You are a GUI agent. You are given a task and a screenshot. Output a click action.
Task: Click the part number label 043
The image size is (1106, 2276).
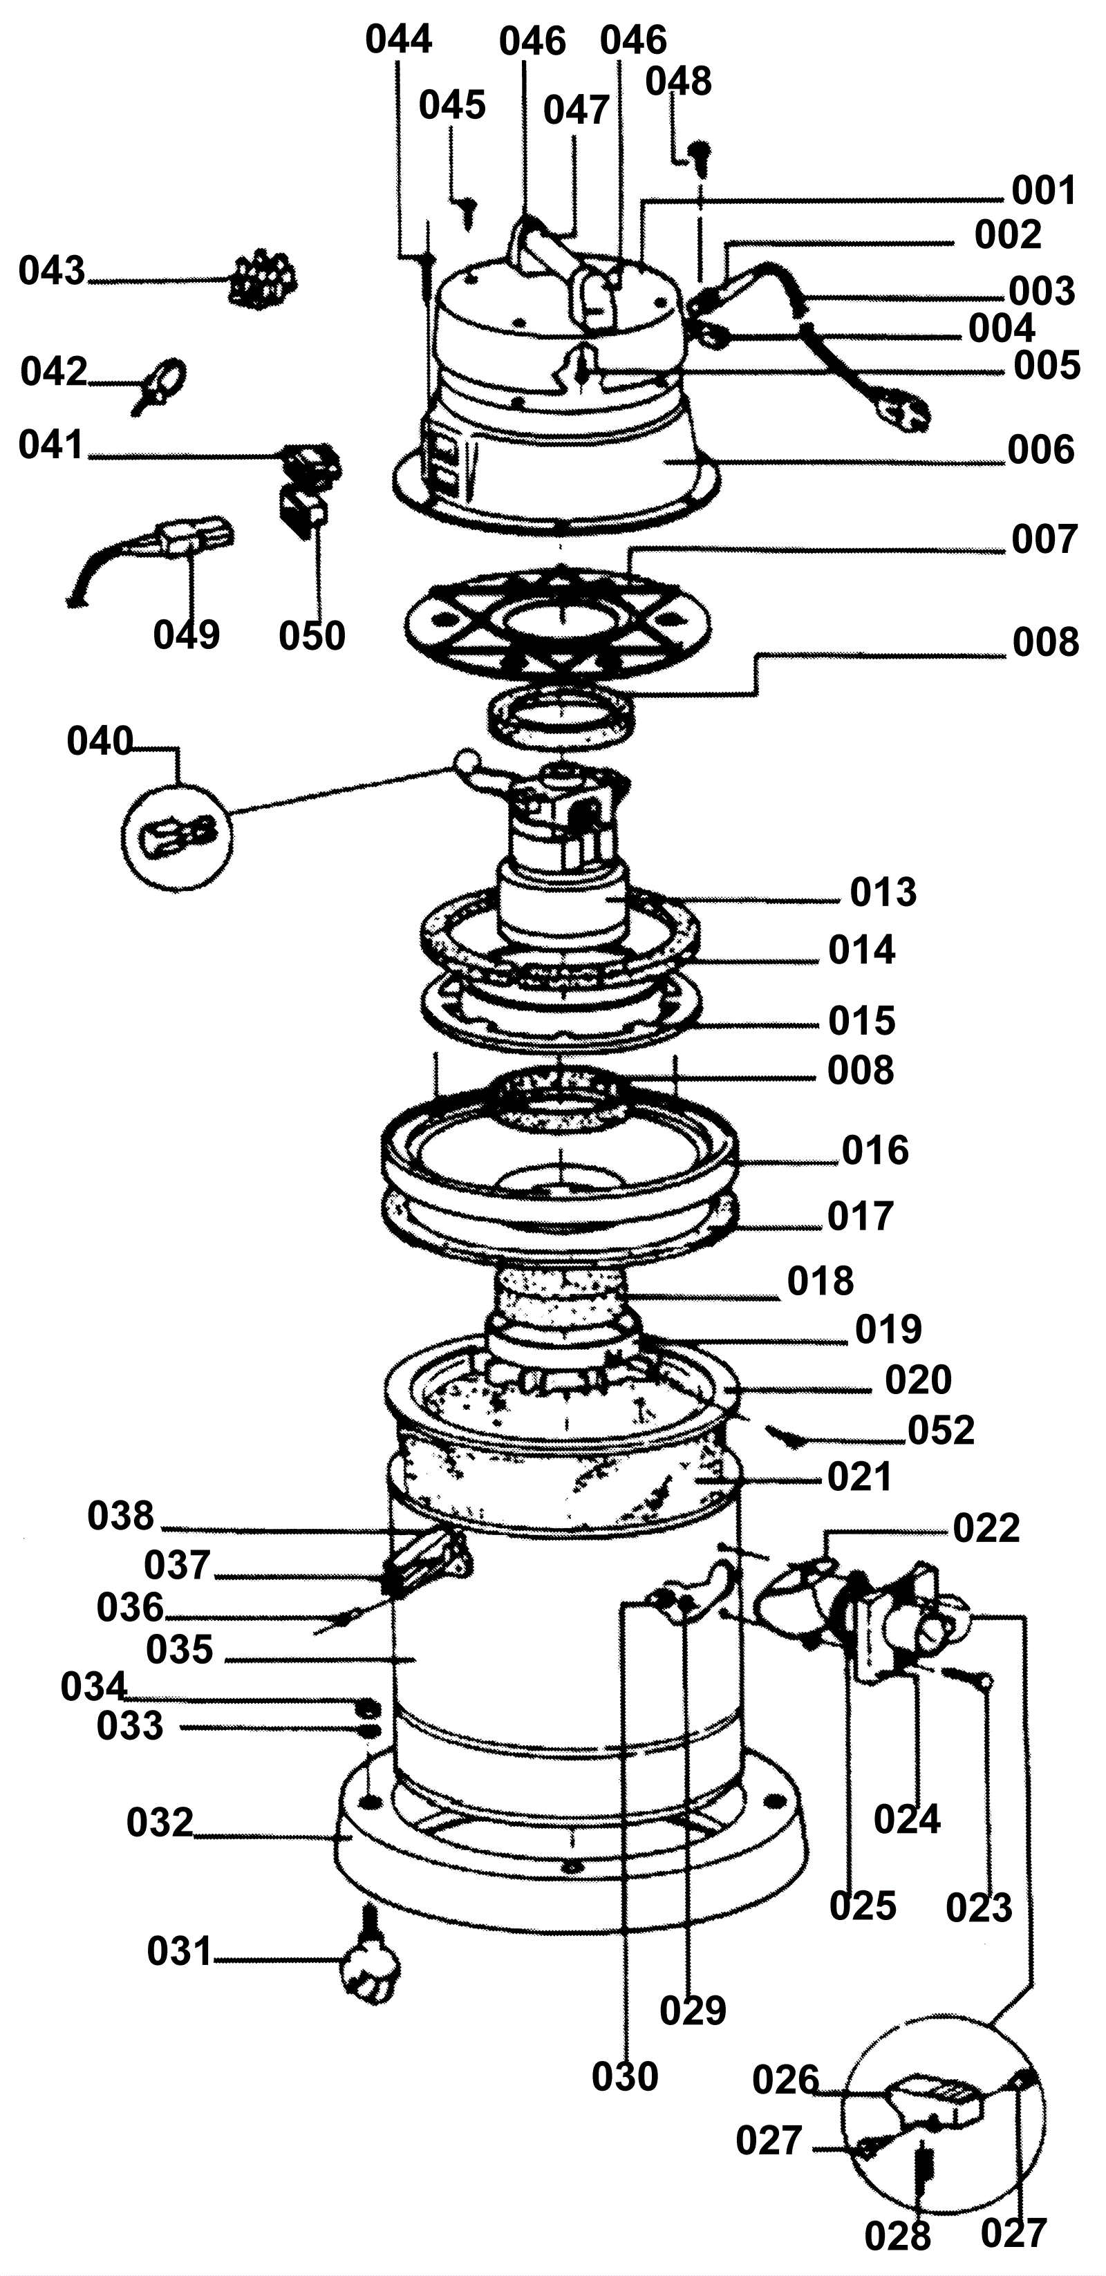52,270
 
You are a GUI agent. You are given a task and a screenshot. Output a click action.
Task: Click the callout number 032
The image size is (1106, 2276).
159,1822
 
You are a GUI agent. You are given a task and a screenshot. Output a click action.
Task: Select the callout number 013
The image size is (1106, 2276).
883,892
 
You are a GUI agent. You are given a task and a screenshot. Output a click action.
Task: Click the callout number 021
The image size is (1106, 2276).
859,1476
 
